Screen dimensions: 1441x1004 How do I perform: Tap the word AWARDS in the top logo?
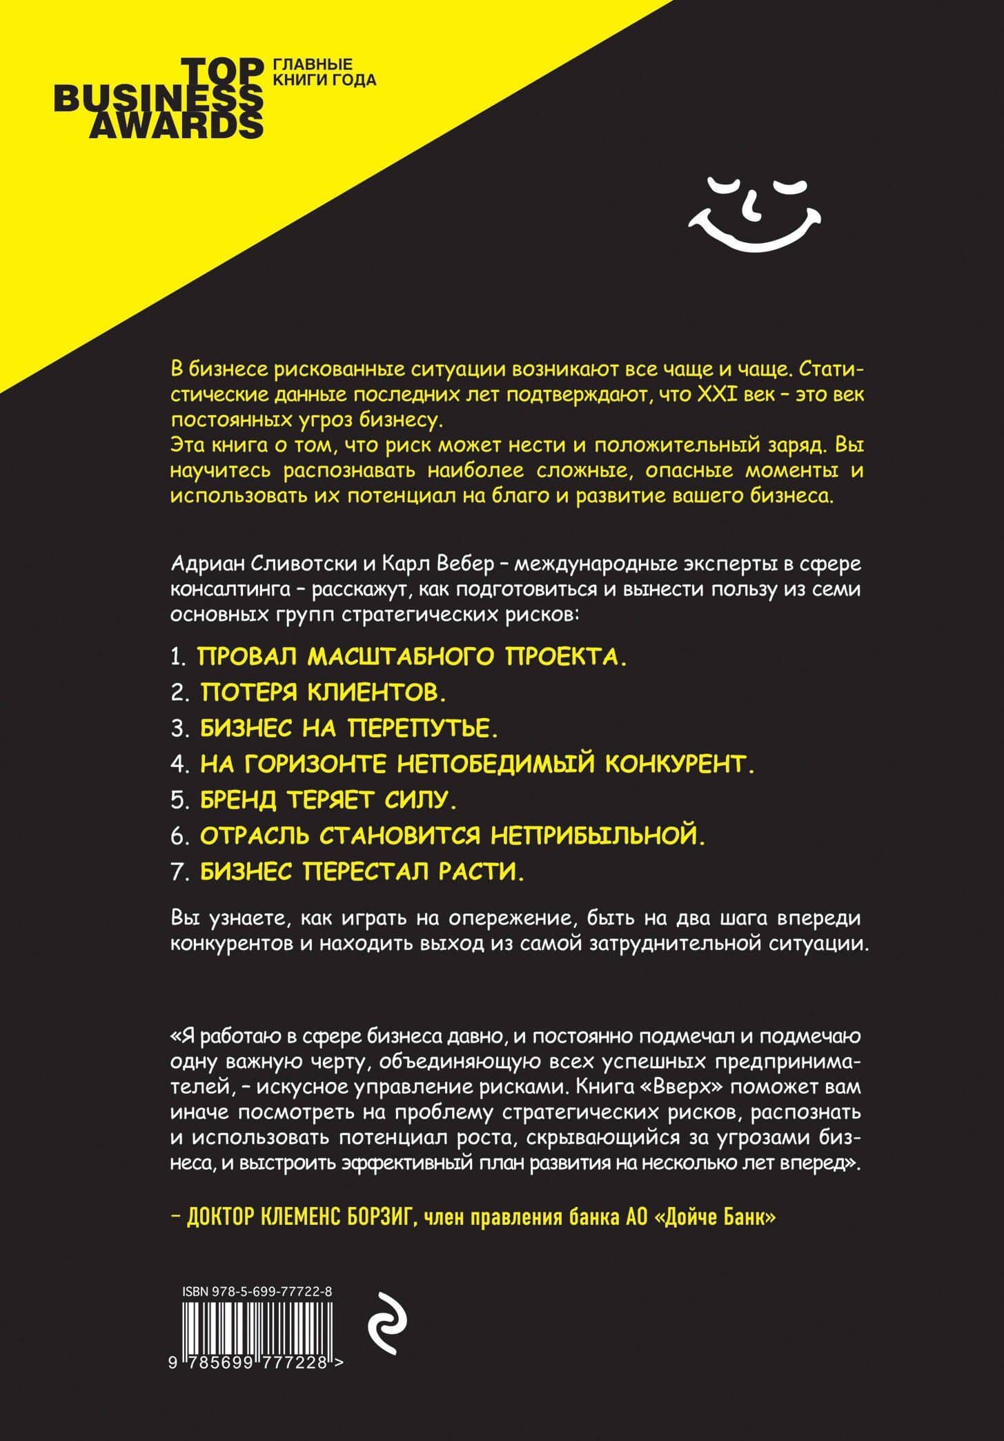177,125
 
